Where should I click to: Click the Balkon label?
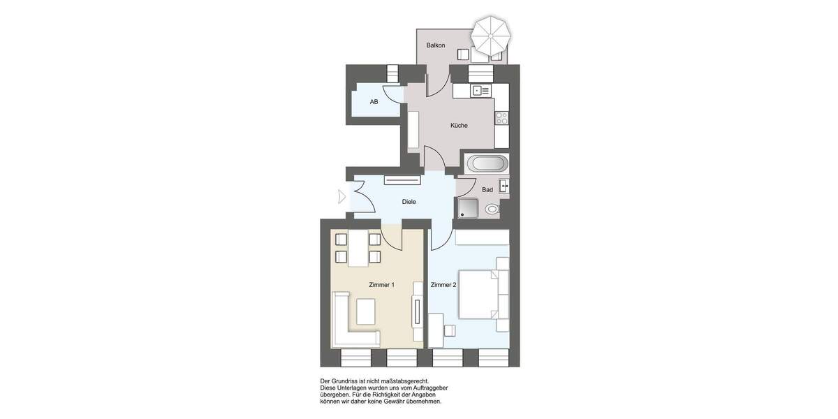(436, 45)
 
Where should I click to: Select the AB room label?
(374, 102)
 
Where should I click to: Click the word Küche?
(459, 126)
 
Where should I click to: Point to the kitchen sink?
(478, 91)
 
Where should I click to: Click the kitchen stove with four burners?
(501, 119)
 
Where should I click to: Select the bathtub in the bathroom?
(487, 165)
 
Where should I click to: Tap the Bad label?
(487, 190)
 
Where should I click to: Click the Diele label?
(409, 202)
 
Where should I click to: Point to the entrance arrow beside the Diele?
(341, 197)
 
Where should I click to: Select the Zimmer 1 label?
(382, 285)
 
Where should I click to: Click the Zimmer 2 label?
(443, 285)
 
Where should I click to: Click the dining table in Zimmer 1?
(358, 249)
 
